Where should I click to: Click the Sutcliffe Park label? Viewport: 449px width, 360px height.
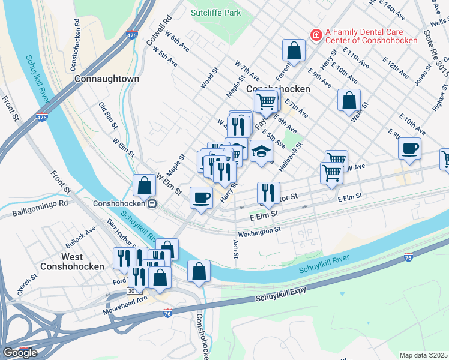[x=215, y=12]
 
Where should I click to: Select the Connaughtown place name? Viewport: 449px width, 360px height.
[x=107, y=79]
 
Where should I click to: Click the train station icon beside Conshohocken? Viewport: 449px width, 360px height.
[x=152, y=203]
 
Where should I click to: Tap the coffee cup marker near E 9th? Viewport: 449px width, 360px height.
[x=409, y=149]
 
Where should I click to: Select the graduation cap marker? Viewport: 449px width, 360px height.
[x=261, y=152]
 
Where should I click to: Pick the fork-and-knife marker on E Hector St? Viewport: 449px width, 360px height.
[x=268, y=193]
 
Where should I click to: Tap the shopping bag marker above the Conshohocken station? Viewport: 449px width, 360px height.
[x=145, y=185]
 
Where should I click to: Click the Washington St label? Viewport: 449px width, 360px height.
[x=259, y=230]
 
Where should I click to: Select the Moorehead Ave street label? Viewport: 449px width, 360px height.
[x=125, y=298]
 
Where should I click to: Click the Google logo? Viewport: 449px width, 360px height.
[x=20, y=352]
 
